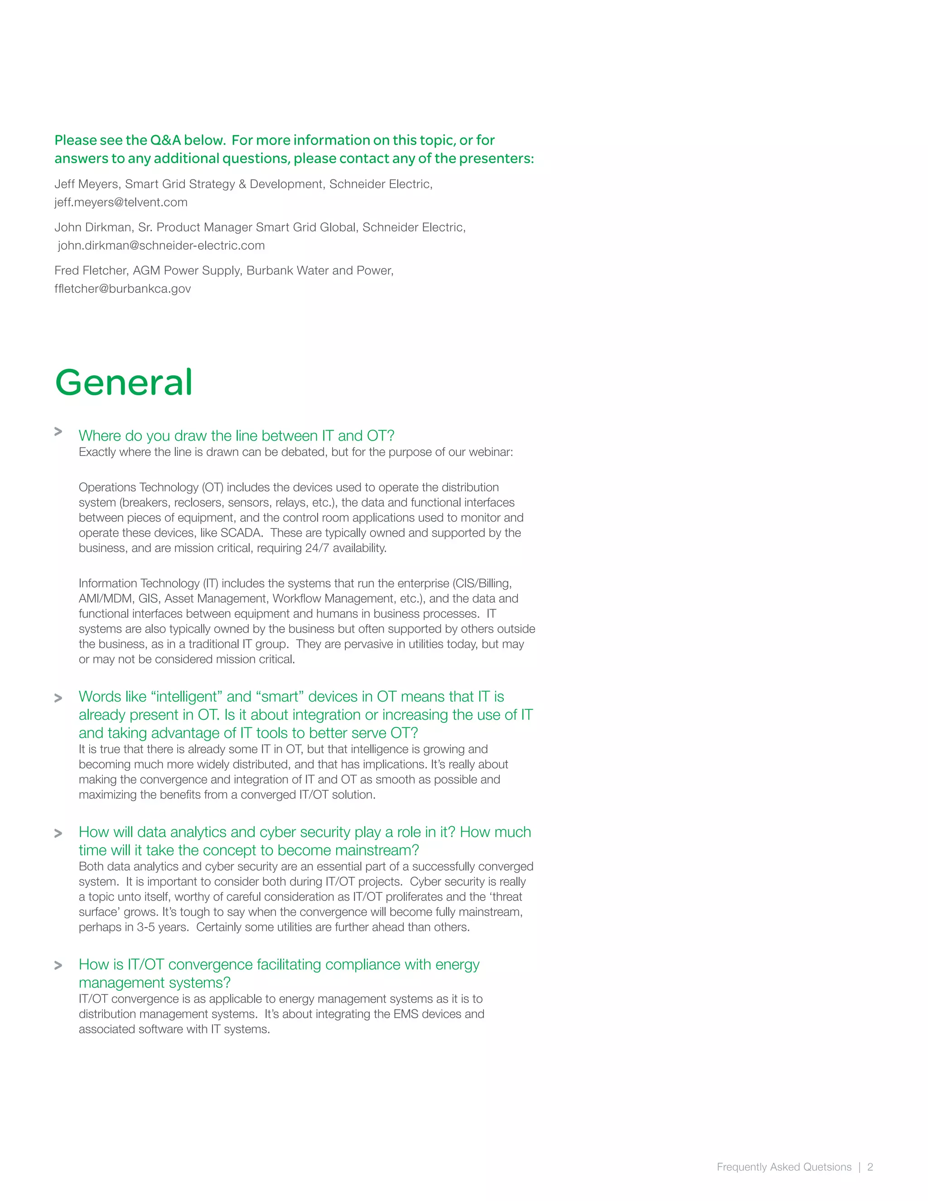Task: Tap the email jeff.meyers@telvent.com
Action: tap(121, 203)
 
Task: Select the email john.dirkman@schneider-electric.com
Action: tap(161, 246)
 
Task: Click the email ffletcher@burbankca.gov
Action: tap(123, 289)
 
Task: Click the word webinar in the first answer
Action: tap(491, 452)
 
